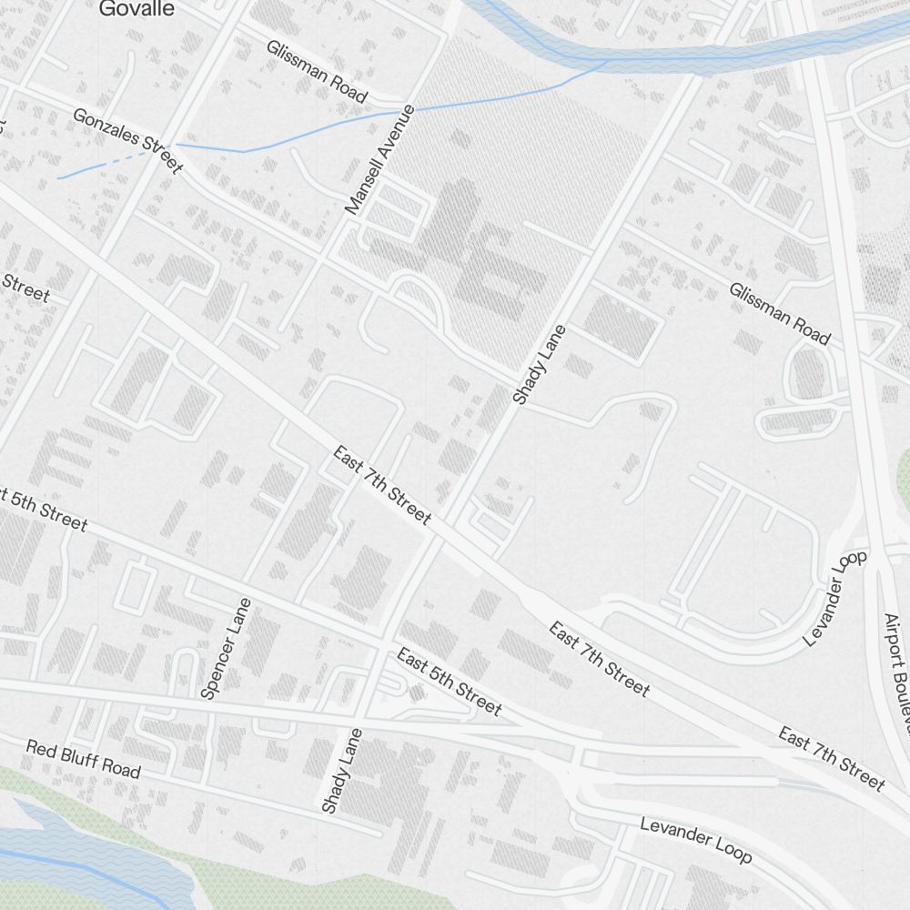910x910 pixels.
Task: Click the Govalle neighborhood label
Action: click(x=136, y=9)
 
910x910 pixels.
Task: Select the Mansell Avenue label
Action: click(x=380, y=160)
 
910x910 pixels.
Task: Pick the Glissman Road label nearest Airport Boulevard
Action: click(x=779, y=314)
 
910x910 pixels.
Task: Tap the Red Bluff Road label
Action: click(x=84, y=760)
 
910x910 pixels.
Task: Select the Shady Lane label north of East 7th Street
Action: click(x=539, y=365)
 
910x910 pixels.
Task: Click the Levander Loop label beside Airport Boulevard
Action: click(x=835, y=598)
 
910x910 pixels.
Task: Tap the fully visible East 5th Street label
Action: click(x=449, y=682)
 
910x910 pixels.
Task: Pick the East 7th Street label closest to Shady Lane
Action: click(x=381, y=485)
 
